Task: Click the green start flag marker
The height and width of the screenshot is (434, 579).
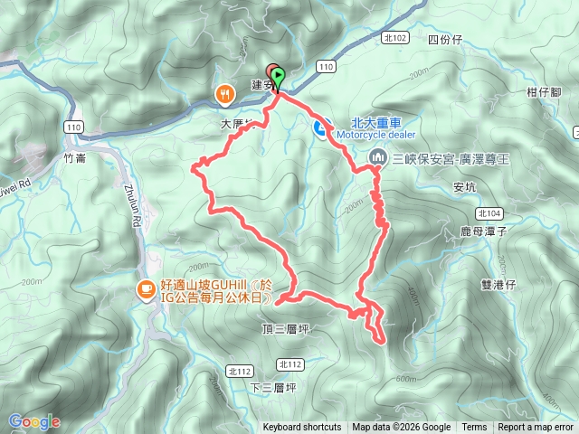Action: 278,76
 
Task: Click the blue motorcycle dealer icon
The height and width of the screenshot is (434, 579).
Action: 320,128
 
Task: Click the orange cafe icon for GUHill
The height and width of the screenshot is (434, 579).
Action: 145,288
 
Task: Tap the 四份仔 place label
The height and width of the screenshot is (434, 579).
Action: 445,40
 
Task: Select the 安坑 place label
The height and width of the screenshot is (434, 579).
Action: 463,189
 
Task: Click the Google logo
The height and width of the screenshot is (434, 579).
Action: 34,421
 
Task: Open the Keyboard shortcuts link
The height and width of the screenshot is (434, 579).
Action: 302,428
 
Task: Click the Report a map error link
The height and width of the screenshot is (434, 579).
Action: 536,428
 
